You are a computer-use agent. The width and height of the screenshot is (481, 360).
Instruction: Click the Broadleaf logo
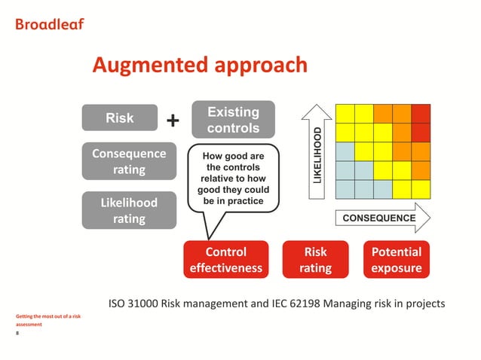[50, 23]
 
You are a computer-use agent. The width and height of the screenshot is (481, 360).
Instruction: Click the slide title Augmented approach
[199, 66]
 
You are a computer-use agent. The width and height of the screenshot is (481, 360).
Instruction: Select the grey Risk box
[120, 118]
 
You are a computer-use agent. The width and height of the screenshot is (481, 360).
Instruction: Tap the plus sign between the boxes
[173, 121]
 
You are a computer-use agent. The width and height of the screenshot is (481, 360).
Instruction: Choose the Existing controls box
[233, 120]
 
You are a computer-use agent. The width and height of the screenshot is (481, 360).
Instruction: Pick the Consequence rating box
[129, 162]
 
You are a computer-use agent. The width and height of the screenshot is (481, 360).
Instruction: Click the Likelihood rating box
[129, 211]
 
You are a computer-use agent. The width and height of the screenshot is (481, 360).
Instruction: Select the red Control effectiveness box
[226, 259]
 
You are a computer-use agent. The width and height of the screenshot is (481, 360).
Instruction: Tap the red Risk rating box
[315, 259]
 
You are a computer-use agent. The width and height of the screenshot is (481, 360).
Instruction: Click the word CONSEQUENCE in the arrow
[379, 218]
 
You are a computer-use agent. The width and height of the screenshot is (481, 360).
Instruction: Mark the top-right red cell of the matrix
[421, 112]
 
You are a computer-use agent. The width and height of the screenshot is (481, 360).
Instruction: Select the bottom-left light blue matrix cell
[345, 189]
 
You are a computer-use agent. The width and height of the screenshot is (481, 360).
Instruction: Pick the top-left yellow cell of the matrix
[345, 112]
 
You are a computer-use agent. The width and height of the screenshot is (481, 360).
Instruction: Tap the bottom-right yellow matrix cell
[421, 189]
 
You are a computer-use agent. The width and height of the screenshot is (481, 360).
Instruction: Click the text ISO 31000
[136, 304]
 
